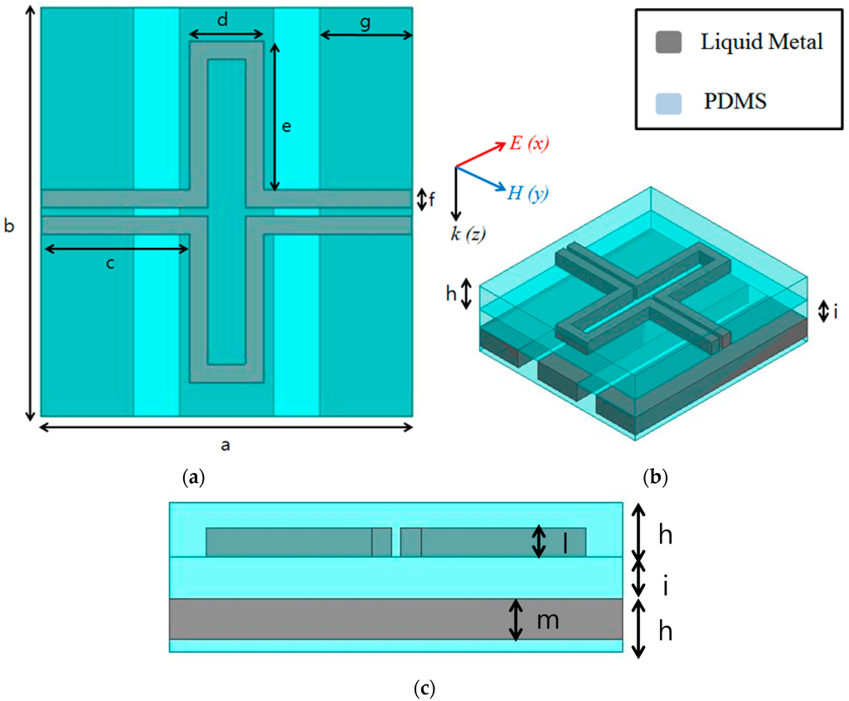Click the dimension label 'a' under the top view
point(225,444)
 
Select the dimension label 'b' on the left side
point(10,226)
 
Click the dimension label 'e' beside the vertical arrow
point(286,127)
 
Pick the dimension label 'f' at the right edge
point(432,200)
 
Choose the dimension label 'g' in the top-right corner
point(365,22)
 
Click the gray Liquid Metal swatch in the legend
point(668,41)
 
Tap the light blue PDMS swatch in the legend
point(668,102)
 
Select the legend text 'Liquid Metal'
point(761,42)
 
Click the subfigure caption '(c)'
point(423,688)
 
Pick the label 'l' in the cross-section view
point(565,543)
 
